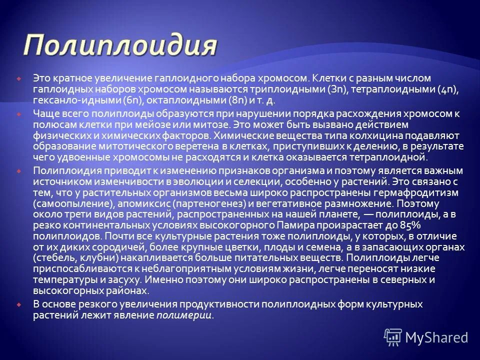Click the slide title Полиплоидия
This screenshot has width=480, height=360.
[120, 46]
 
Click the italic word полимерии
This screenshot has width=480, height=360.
[184, 315]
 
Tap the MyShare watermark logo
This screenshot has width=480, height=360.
[426, 337]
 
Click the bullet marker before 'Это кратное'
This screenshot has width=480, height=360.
[18, 78]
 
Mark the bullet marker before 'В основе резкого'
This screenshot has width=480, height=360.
[18, 304]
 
